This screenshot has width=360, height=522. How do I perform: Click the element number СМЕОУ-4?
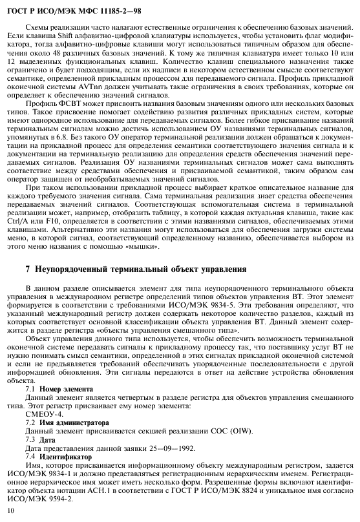coord(44,414)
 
